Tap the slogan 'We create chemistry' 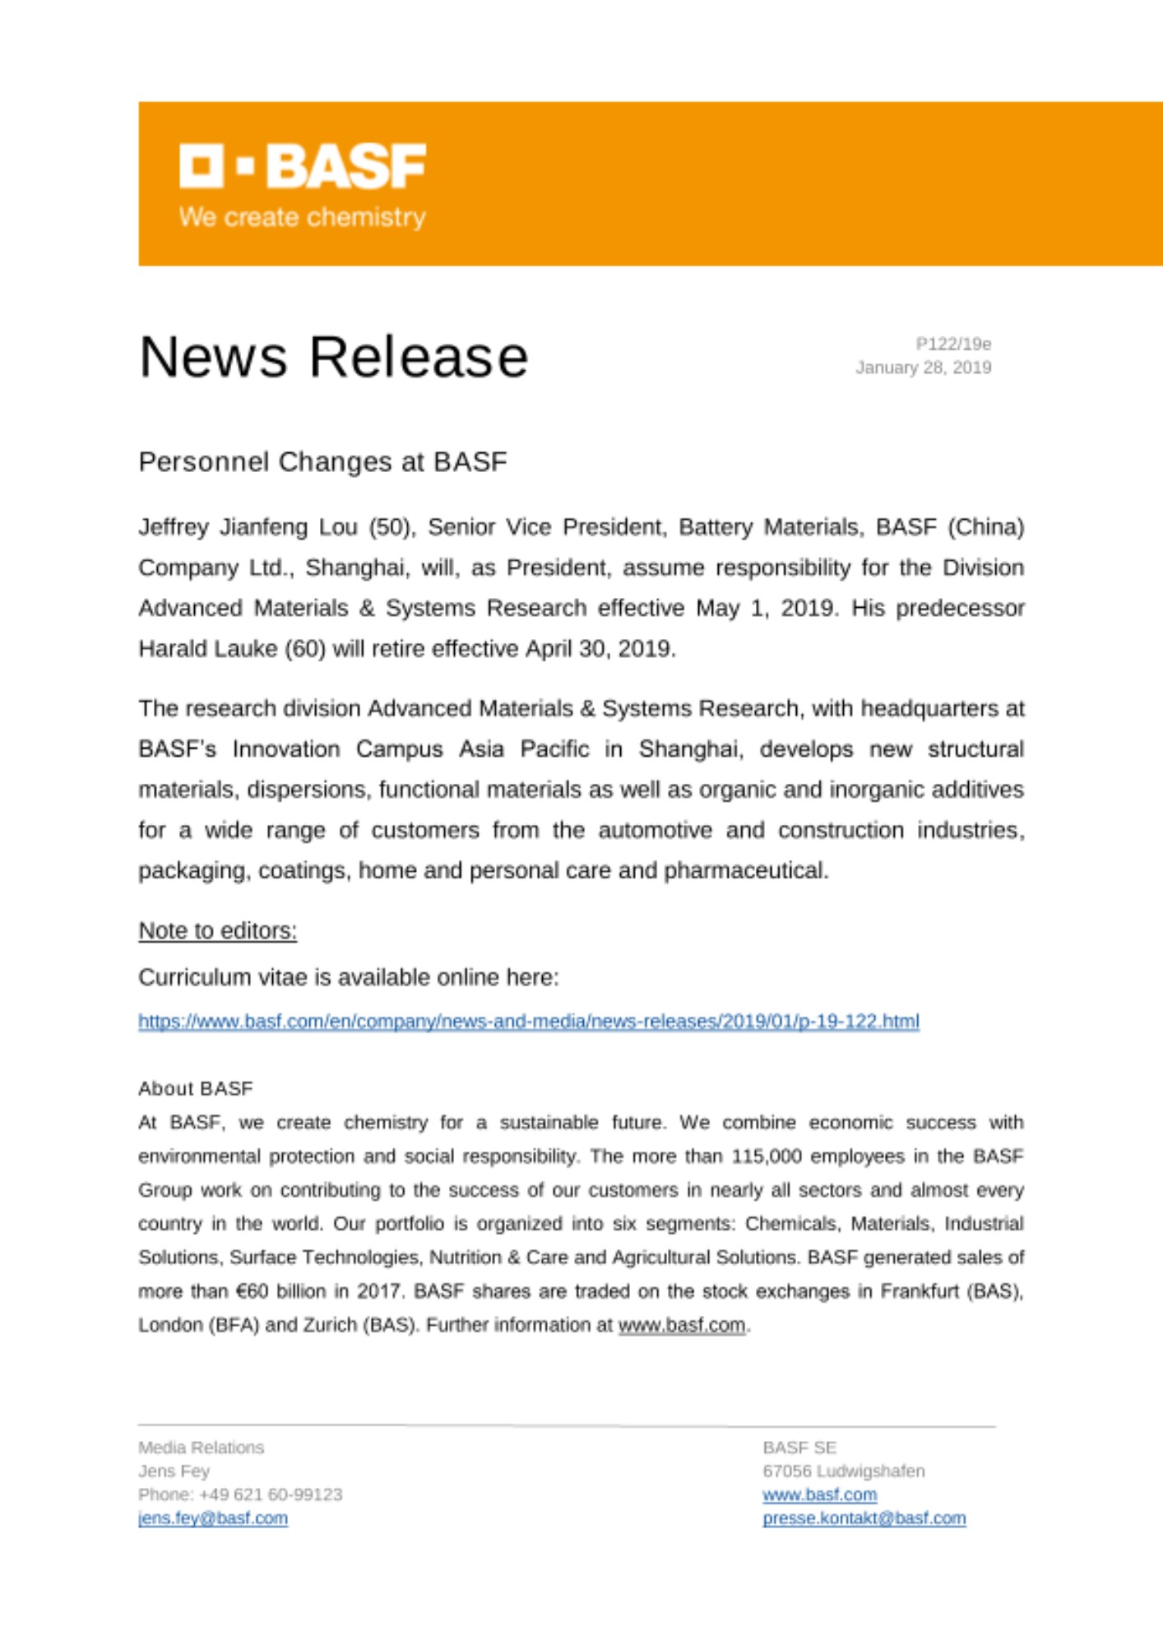coord(303,217)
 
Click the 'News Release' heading coord(333,357)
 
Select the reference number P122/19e coord(953,344)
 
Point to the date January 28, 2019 coord(923,368)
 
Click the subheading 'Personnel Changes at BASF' coord(322,462)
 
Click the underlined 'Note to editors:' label coord(217,931)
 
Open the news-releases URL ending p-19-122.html coord(528,1022)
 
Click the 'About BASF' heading coord(196,1089)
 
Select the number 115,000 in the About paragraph coord(766,1156)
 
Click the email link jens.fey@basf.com coord(213,1518)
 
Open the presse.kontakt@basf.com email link coord(864,1518)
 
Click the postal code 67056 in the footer coord(786,1471)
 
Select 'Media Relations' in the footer coord(201,1448)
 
